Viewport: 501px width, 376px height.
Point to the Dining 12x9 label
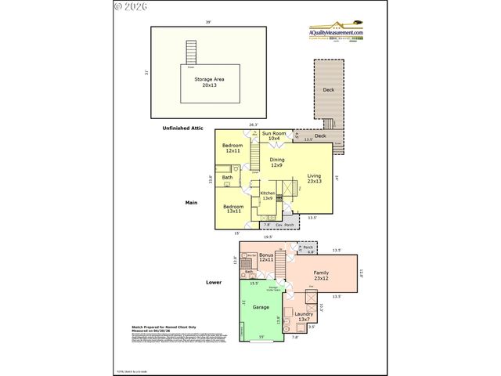[276, 162]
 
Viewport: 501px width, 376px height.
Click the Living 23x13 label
[314, 178]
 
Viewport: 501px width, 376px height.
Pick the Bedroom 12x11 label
[232, 148]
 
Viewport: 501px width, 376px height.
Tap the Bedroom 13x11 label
[232, 208]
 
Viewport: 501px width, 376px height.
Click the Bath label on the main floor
[227, 178]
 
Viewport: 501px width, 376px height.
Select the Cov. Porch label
[284, 225]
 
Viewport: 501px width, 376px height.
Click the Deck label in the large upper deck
[329, 90]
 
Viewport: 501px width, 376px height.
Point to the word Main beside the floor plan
[190, 202]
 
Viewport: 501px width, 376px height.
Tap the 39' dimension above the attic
[207, 21]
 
